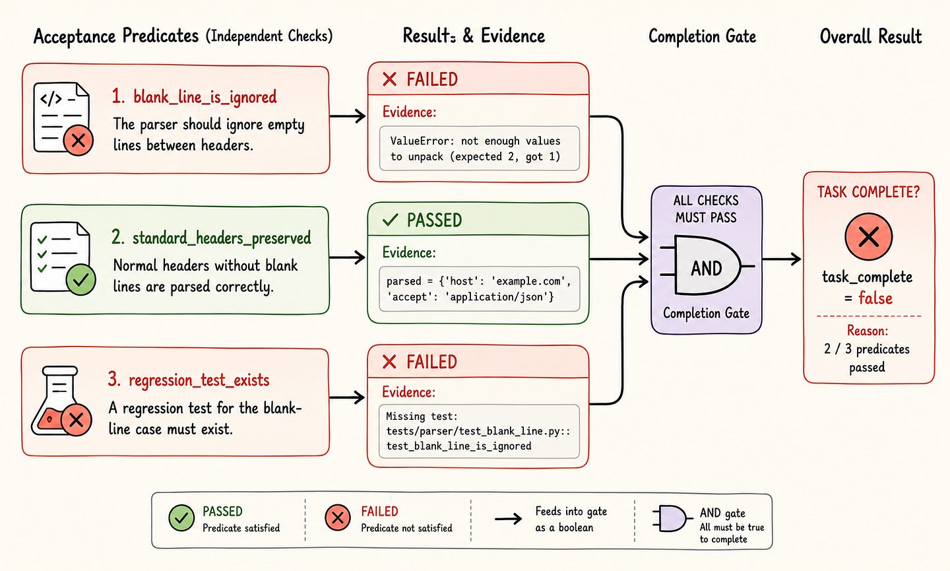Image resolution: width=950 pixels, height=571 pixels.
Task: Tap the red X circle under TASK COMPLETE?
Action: coord(868,236)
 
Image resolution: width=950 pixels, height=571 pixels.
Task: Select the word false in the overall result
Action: coord(875,298)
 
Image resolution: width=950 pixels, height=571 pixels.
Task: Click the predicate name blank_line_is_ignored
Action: coord(205,97)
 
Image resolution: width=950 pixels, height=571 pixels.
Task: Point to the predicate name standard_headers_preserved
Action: coord(222,238)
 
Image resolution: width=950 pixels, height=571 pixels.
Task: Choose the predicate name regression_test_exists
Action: coord(199,380)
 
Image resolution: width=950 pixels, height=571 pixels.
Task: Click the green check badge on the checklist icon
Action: coord(80,280)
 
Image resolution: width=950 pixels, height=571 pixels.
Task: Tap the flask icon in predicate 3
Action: coord(61,401)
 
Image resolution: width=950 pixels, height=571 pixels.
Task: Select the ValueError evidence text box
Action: coord(479,149)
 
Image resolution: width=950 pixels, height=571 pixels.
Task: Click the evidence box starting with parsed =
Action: coord(479,289)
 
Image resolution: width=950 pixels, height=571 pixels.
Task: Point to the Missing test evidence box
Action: coord(479,432)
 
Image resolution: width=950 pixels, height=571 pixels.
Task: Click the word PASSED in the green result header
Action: coord(434,220)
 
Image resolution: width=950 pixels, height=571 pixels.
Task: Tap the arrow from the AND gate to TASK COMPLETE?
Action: coord(782,259)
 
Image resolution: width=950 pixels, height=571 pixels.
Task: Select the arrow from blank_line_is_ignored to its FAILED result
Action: coord(347,116)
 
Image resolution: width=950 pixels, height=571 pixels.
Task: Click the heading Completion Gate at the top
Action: coord(703,36)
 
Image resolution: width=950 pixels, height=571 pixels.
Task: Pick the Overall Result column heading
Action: coord(871,36)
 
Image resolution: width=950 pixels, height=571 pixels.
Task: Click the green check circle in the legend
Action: coord(181,518)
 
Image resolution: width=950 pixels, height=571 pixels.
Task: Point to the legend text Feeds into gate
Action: coord(571,512)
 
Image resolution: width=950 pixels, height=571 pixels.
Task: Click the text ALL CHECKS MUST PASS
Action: coord(706,209)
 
